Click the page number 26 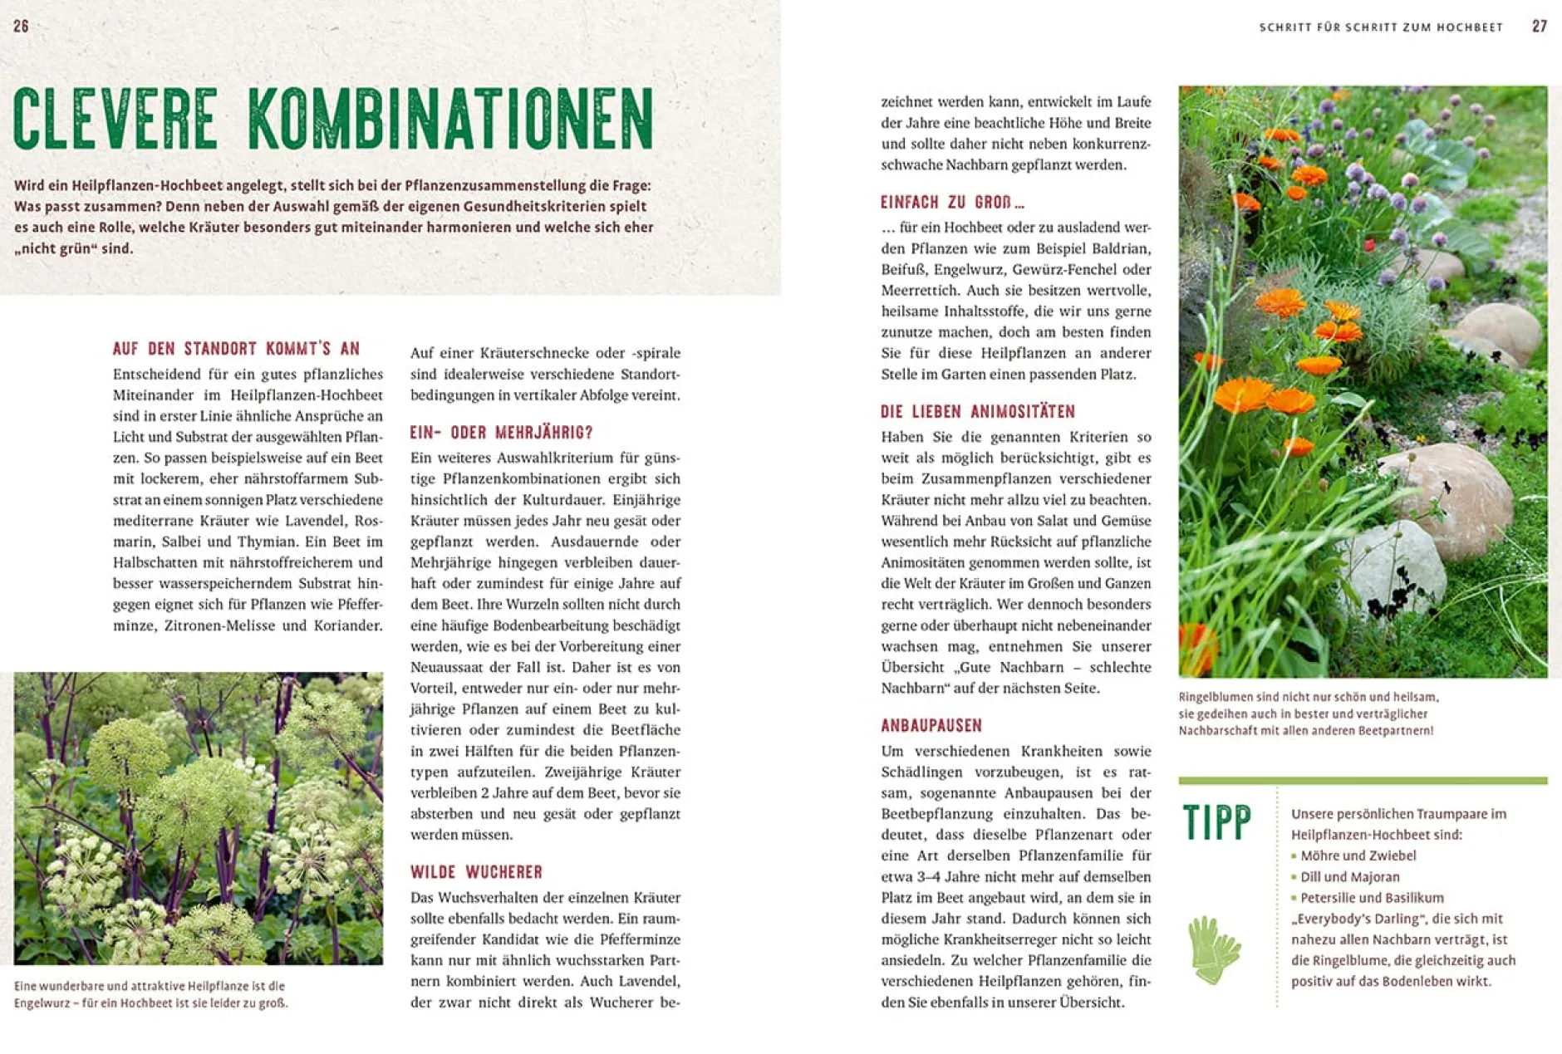[22, 27]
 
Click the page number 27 [1539, 27]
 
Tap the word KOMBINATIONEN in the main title [450, 119]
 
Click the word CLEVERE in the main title [115, 119]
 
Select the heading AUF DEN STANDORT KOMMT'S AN [237, 349]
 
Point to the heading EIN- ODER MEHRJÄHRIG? [501, 433]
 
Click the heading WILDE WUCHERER [476, 872]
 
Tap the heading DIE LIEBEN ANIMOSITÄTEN [978, 412]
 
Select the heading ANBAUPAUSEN [931, 726]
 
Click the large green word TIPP [1216, 823]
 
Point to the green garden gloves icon [1213, 949]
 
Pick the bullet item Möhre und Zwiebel [1358, 855]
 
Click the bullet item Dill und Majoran [1349, 877]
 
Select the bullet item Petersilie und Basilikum [1372, 898]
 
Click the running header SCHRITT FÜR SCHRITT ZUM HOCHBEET [1381, 27]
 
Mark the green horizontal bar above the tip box [1363, 781]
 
